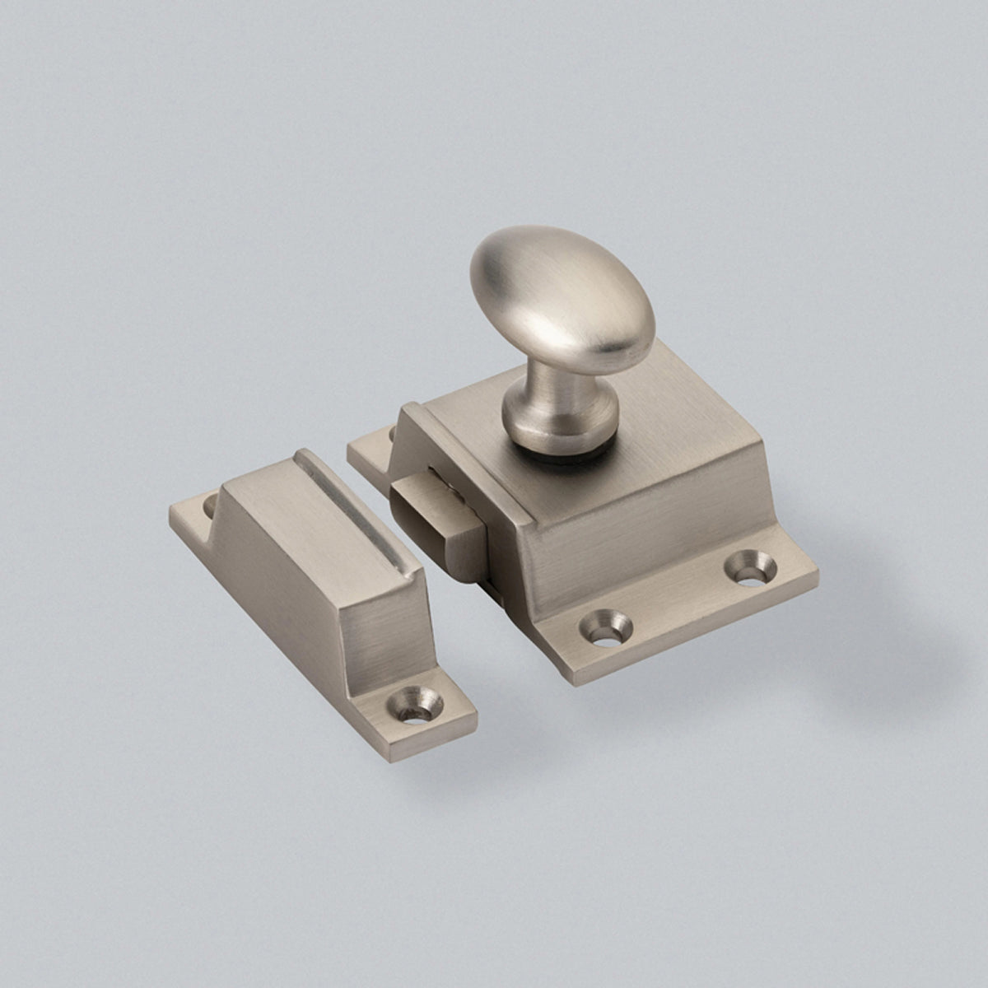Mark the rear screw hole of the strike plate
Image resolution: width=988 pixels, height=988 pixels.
click(x=209, y=503)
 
